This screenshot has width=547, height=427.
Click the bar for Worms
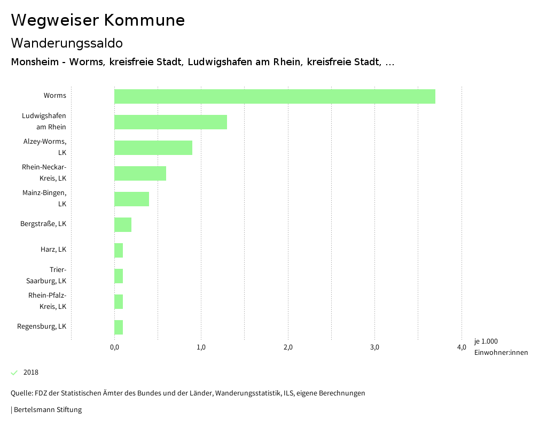coord(275,96)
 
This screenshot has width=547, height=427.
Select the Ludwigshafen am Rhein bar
coord(170,122)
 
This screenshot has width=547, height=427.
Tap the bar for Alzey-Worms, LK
coord(153,147)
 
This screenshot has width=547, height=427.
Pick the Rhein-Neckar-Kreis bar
coord(140,173)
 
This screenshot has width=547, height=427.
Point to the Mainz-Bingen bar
coord(131,199)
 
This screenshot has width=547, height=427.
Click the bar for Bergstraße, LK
coord(123,224)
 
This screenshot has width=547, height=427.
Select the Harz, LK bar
coord(119,250)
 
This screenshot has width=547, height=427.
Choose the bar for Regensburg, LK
coord(119,327)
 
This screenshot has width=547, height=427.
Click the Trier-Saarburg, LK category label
coord(46,275)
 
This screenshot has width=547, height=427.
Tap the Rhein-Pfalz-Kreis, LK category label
coord(48,301)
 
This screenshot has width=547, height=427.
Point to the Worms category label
coord(55,96)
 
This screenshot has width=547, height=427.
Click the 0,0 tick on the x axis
coord(114,347)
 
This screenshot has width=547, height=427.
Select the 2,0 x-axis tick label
coord(288,347)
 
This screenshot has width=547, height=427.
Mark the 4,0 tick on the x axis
coord(462,347)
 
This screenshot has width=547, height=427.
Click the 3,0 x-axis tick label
coord(374,347)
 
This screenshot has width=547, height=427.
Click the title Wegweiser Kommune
coord(98,20)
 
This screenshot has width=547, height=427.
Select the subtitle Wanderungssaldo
coord(67,43)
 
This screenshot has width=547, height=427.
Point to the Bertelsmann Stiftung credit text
coord(47,410)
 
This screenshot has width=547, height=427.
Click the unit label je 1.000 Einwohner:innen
coord(501,347)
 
